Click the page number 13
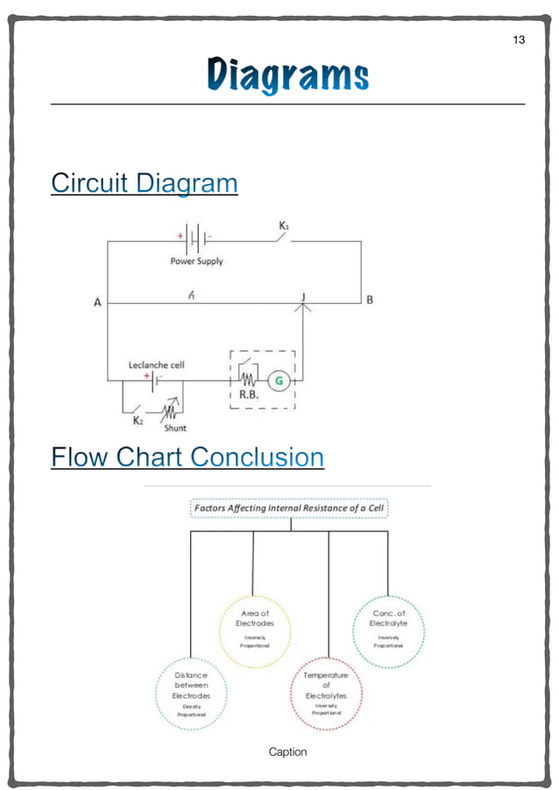tap(519, 39)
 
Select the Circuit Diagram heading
tap(144, 183)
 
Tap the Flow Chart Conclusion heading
tap(188, 456)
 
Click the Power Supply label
tap(196, 261)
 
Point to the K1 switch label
tap(284, 226)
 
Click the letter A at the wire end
tap(97, 303)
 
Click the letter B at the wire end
tap(370, 300)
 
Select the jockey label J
tap(303, 297)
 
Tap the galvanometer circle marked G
tap(279, 380)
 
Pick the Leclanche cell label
tap(157, 364)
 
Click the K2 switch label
tap(138, 420)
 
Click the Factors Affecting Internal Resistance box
tap(288, 508)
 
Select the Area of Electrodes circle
tap(254, 630)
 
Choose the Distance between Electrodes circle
tap(191, 695)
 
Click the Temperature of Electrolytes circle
tap(325, 694)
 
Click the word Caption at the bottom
tap(287, 751)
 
